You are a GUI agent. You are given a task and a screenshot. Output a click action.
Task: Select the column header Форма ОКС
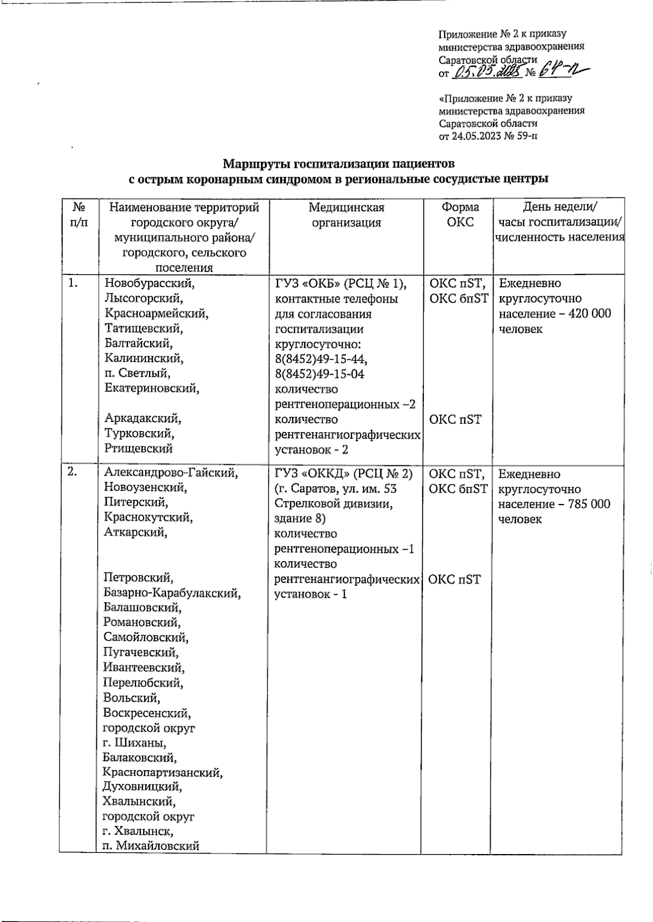(x=460, y=215)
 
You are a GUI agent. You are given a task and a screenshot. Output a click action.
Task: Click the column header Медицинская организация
(x=346, y=215)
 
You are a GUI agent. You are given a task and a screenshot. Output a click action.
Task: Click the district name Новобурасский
(x=149, y=283)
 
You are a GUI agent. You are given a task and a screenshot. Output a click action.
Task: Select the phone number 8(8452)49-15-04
(x=320, y=374)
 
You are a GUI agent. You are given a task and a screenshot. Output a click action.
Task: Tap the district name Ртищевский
(x=138, y=448)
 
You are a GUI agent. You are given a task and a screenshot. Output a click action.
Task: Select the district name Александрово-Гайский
(x=171, y=473)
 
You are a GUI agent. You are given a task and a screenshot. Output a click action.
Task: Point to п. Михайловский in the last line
(x=151, y=846)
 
